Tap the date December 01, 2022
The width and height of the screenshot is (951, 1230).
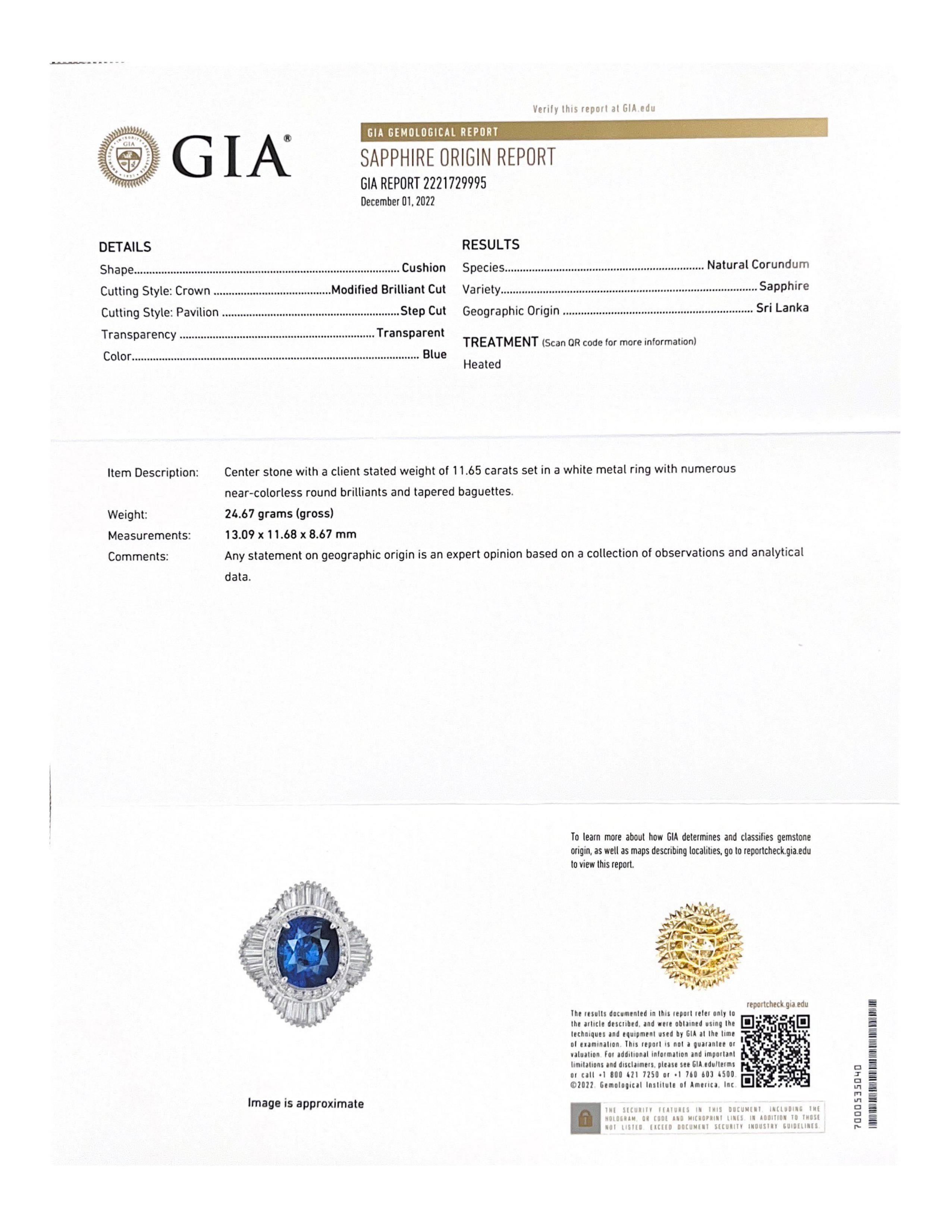(x=398, y=202)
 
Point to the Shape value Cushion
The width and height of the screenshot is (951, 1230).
(x=423, y=268)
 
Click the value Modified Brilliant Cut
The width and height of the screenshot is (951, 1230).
(x=388, y=290)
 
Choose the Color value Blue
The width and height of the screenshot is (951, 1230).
(x=434, y=355)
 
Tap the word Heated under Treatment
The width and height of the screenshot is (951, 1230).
(x=482, y=365)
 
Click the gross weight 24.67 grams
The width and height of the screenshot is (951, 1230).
(x=279, y=514)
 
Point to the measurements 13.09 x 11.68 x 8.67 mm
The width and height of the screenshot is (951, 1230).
(x=290, y=534)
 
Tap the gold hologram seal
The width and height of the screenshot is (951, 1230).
(x=700, y=946)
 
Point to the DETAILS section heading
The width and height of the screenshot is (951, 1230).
(x=125, y=247)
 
